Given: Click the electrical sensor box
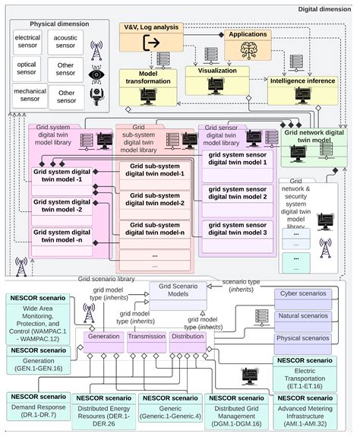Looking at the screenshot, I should coord(28,40).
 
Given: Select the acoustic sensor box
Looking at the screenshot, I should coord(65,40).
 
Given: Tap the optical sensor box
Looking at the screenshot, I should coord(28,70).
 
